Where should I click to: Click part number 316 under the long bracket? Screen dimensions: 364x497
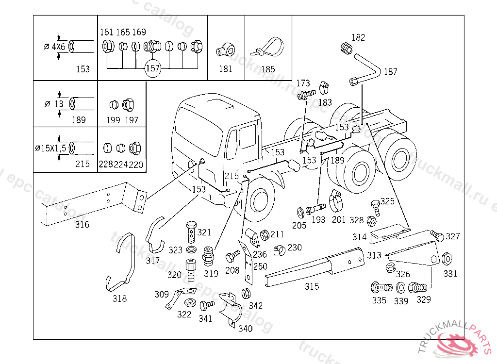pos(82,225)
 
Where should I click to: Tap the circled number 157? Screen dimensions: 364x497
pos(152,68)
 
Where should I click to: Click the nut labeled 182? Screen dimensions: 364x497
pos(346,48)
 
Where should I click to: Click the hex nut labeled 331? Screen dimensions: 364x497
pos(447,258)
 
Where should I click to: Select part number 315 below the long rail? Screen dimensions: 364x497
pos(312,286)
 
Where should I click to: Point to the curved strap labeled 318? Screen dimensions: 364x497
pos(122,262)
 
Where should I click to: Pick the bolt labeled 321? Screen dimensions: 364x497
pos(191,232)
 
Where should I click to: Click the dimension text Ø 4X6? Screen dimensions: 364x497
pos(54,47)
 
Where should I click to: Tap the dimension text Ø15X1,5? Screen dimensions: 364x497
pos(50,148)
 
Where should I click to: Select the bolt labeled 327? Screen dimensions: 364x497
pos(437,236)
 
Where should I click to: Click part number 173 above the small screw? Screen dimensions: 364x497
pos(303,83)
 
